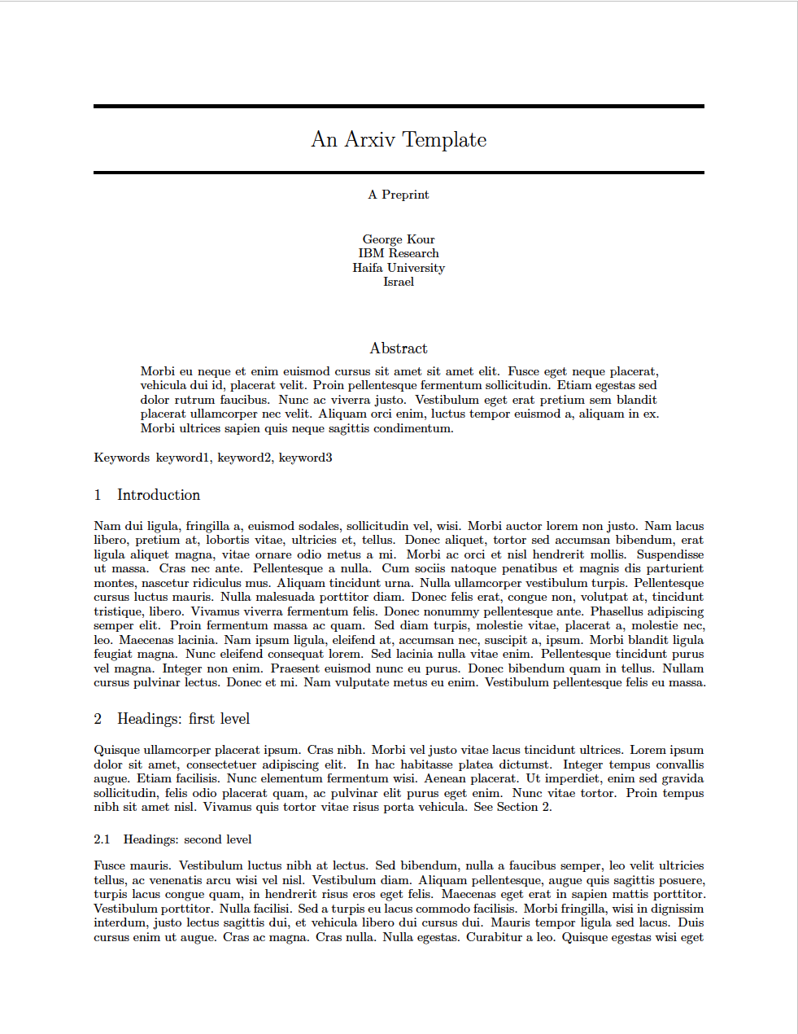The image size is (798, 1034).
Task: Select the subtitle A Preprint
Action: [x=399, y=195]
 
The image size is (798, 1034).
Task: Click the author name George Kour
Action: [x=399, y=239]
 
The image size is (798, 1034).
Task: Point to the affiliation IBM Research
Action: [x=399, y=253]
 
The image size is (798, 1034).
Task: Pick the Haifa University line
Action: [x=399, y=268]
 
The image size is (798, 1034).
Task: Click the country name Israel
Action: [x=399, y=282]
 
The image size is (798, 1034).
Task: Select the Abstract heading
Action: [x=399, y=348]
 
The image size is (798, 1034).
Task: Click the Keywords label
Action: [x=121, y=458]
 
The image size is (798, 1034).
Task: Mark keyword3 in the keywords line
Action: [x=305, y=458]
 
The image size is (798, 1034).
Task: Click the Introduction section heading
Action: [x=159, y=495]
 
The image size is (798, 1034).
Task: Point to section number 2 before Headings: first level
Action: [x=98, y=719]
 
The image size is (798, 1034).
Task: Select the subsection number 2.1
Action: [x=102, y=839]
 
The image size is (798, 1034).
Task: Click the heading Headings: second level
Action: [x=187, y=839]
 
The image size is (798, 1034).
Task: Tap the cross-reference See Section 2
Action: [x=512, y=807]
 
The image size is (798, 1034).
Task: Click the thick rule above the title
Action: [x=399, y=106]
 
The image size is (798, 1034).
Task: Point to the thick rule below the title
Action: [x=399, y=173]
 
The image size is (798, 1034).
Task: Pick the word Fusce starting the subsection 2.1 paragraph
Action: [x=110, y=865]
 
